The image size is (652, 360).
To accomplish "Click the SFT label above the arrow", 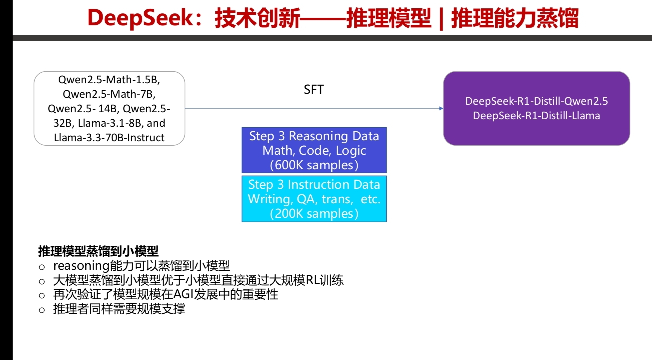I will click(314, 90).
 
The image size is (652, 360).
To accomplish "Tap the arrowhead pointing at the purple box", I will click(441, 108).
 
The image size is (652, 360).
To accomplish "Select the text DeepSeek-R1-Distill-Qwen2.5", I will click(536, 101).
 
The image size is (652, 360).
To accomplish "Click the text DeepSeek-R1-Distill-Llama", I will click(536, 116).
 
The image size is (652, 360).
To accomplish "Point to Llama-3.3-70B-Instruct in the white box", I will click(109, 138).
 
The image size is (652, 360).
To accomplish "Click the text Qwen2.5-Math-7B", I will click(109, 94).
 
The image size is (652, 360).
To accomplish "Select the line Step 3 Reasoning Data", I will click(314, 136).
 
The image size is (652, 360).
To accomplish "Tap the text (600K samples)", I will click(314, 165).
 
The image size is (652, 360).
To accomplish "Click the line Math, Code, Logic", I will click(314, 150).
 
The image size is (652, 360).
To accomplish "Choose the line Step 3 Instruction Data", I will click(314, 184).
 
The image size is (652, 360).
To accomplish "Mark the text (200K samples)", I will click(314, 213).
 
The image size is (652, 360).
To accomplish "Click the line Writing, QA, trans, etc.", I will click(314, 199).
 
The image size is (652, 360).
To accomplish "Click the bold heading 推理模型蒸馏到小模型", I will click(98, 251).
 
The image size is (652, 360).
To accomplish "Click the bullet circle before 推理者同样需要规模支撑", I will click(42, 310).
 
